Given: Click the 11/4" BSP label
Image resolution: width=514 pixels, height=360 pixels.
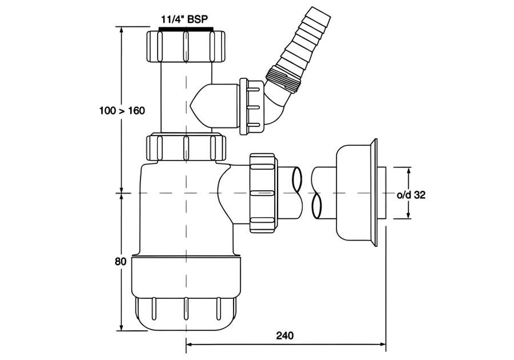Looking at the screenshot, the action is tap(184, 19).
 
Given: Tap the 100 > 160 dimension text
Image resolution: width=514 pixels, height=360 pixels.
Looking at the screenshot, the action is tap(122, 111).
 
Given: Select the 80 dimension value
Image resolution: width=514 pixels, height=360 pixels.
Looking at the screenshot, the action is tap(121, 262).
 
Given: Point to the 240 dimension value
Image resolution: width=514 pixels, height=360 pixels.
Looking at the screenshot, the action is tap(285, 335).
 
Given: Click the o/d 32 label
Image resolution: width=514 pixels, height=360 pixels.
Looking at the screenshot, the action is tap(411, 195).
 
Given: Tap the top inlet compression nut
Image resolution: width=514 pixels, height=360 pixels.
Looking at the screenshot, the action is tap(185, 46).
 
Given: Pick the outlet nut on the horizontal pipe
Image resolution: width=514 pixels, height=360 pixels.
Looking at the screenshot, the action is tap(263, 193).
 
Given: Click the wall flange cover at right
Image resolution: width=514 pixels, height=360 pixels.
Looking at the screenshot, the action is tap(356, 193).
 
